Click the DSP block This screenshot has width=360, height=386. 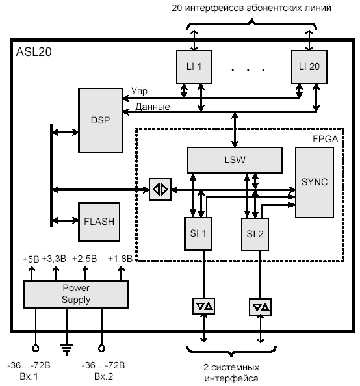(100, 120)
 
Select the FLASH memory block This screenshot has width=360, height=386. (99, 222)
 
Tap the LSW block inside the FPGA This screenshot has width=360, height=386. (235, 160)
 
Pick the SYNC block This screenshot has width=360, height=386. (315, 183)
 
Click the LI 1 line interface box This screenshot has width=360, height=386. (194, 67)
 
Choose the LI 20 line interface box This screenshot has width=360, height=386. (309, 67)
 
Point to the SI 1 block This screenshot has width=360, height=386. (198, 234)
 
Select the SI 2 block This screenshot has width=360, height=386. (255, 235)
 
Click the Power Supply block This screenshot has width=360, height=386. (76, 294)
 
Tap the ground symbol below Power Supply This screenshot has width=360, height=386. (66, 350)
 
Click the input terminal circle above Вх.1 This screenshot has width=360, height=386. (36, 348)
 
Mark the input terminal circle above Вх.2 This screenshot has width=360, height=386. (101, 348)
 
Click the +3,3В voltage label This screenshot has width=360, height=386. (54, 259)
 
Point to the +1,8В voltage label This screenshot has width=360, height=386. (120, 259)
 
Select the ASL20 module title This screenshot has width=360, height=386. (34, 52)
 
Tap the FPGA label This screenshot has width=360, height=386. (326, 139)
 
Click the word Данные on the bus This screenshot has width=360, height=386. (153, 107)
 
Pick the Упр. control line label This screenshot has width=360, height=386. (140, 91)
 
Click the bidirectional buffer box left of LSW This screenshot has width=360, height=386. (160, 189)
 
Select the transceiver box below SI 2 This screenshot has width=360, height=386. (261, 307)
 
